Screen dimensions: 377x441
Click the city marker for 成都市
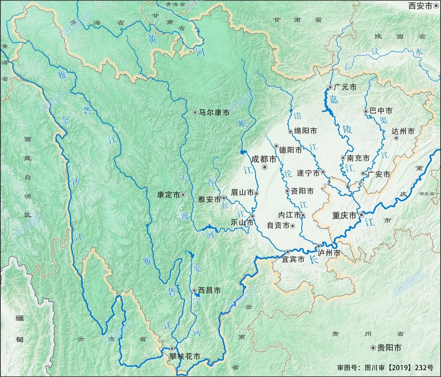265,167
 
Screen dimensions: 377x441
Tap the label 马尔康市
214,112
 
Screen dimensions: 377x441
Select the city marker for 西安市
436,6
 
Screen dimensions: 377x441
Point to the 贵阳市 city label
389,348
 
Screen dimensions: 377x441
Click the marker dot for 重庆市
361,215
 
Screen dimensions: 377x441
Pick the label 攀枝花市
184,357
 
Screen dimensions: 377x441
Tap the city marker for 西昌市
194,290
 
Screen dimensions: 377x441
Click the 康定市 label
168,195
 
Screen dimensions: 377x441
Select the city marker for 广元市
330,87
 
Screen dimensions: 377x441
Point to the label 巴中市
381,111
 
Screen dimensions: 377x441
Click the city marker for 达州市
396,138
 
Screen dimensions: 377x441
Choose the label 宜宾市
293,259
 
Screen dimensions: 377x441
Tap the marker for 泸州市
319,246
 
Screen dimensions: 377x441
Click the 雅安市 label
209,199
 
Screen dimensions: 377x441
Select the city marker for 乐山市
253,216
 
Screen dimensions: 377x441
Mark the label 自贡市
278,226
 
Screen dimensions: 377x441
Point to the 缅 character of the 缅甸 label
20,318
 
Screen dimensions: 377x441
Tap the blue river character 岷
243,123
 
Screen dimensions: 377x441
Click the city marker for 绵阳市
290,131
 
